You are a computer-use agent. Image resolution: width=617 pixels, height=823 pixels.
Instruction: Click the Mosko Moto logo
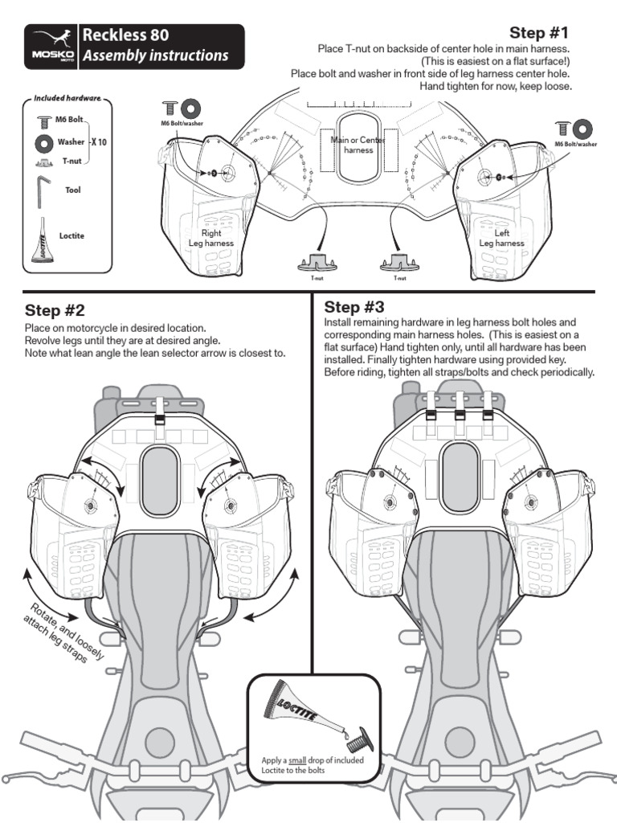(x=53, y=46)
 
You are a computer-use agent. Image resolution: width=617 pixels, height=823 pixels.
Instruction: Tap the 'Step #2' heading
(x=55, y=311)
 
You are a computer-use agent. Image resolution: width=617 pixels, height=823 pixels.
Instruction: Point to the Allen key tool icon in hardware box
(x=43, y=192)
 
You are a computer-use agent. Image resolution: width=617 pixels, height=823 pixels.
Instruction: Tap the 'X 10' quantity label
(x=97, y=141)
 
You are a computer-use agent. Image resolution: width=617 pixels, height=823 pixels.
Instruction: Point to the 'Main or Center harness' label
(x=358, y=145)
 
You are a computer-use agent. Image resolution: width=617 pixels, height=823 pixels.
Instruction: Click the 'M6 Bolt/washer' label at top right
(x=575, y=145)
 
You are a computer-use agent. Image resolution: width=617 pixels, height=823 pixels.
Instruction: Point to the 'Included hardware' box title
(x=67, y=98)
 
